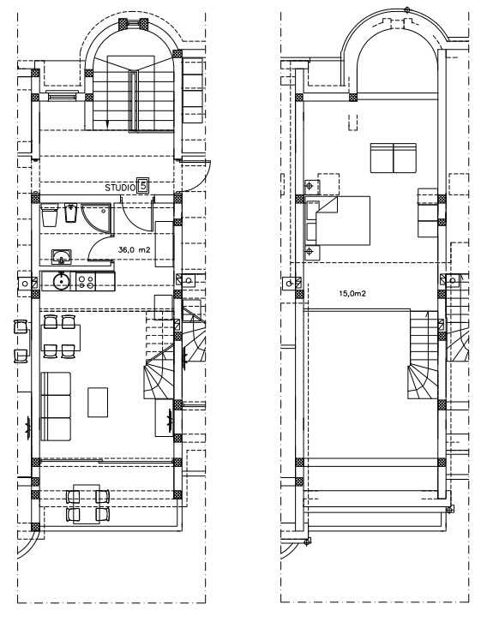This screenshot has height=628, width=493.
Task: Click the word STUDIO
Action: [120, 188]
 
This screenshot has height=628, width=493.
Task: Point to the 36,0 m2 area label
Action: [135, 249]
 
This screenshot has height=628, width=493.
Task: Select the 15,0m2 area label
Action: [352, 293]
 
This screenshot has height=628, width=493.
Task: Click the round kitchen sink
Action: [62, 281]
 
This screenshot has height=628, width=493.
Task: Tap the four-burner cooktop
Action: [86, 281]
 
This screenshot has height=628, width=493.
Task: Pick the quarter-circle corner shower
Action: [96, 218]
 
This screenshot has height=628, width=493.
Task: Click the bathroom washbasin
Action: [62, 257]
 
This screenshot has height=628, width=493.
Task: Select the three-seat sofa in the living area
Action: [56, 406]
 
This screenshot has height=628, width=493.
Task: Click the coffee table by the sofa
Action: [98, 402]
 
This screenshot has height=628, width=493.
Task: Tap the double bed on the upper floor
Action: [338, 220]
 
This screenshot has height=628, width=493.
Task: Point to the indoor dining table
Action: [61, 338]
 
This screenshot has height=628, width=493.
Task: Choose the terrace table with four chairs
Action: [87, 504]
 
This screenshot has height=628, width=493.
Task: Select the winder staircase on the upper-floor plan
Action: [424, 355]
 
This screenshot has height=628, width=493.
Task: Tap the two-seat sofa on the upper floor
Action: [394, 158]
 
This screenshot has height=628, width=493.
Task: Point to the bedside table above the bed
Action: [312, 187]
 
